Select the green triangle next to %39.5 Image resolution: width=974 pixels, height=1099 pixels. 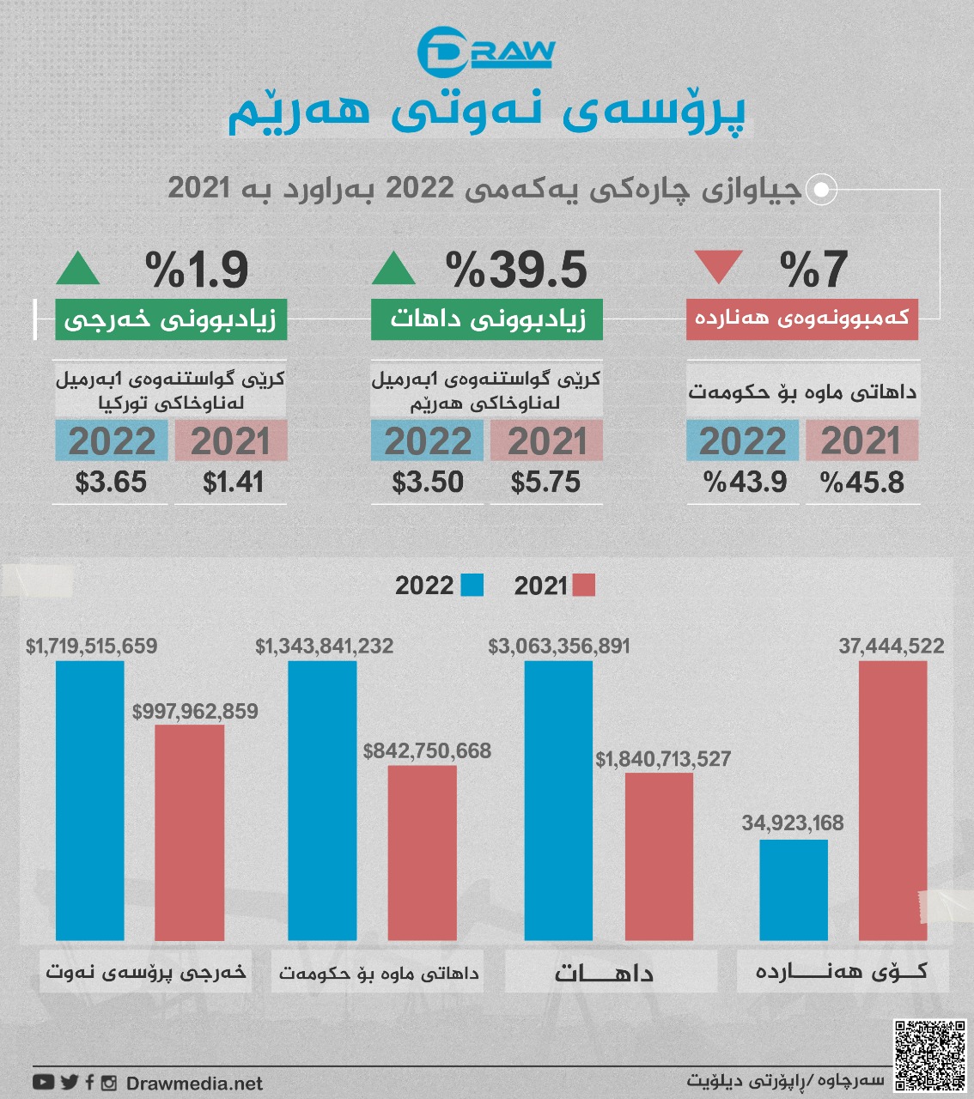[x=393, y=269]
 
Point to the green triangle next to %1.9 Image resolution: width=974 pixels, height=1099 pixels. [x=77, y=269]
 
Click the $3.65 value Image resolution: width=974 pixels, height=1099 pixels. [x=111, y=483]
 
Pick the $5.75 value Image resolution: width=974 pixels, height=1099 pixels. [x=545, y=483]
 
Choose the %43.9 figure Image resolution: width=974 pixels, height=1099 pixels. [x=745, y=483]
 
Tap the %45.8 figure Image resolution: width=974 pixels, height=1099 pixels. [x=862, y=483]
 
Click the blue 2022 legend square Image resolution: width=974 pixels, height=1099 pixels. [x=472, y=586]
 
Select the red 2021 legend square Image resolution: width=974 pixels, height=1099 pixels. [x=583, y=586]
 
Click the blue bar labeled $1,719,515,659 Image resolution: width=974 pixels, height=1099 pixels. [x=90, y=800]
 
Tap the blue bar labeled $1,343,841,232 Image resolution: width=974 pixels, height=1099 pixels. [x=322, y=800]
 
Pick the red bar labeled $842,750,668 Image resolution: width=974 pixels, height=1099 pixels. [x=422, y=853]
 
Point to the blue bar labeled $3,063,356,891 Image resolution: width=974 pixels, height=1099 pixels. [x=558, y=800]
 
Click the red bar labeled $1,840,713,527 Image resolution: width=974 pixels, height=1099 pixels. [x=659, y=857]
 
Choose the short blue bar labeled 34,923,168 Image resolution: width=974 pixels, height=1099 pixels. [x=794, y=890]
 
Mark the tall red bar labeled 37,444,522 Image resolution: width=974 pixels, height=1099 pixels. [x=893, y=800]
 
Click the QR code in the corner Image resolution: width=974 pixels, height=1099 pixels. [x=929, y=1055]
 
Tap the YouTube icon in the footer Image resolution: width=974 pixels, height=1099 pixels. [x=44, y=1083]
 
